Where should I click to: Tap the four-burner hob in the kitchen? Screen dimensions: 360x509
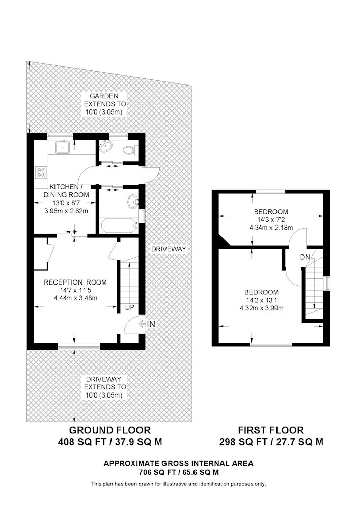click(x=41, y=172)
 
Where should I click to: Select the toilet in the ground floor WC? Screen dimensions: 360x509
click(x=130, y=150)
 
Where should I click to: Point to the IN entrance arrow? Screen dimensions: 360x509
click(x=142, y=324)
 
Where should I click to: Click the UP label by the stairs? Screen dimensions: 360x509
click(x=129, y=308)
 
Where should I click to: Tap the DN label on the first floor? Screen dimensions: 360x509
click(x=305, y=257)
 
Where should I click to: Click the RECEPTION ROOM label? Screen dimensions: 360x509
click(x=75, y=282)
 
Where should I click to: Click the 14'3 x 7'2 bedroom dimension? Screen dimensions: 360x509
click(x=271, y=220)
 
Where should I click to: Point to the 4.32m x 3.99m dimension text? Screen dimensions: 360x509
click(x=262, y=308)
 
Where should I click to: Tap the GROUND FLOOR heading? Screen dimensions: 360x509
click(x=110, y=430)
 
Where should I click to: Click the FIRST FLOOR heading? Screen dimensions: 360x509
click(x=271, y=430)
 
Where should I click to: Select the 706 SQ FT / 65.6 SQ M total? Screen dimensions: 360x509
click(x=179, y=472)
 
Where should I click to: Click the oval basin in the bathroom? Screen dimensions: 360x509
click(x=132, y=202)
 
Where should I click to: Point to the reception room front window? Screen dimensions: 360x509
click(x=79, y=347)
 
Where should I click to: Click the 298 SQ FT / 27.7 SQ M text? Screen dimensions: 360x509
click(x=271, y=442)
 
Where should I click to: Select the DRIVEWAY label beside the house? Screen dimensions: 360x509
click(x=169, y=249)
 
